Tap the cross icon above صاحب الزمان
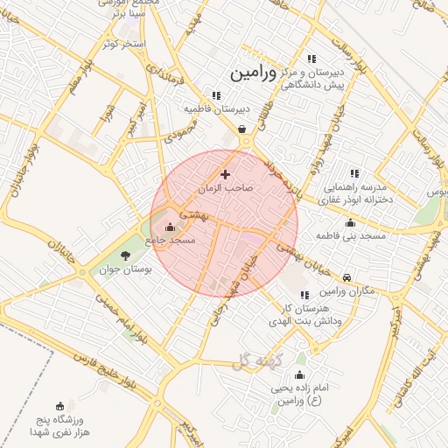point(226,175)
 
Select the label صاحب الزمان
point(226,188)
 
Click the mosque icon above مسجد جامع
point(170,227)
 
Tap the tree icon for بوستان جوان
point(125,256)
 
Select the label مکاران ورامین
point(347,290)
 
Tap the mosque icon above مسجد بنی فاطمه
point(351,223)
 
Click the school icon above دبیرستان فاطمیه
point(215,95)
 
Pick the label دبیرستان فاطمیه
point(216,109)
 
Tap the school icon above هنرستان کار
point(304,296)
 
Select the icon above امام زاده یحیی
point(300,374)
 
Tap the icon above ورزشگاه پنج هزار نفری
point(59,405)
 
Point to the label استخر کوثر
point(120,43)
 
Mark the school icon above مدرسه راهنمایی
point(354,173)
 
